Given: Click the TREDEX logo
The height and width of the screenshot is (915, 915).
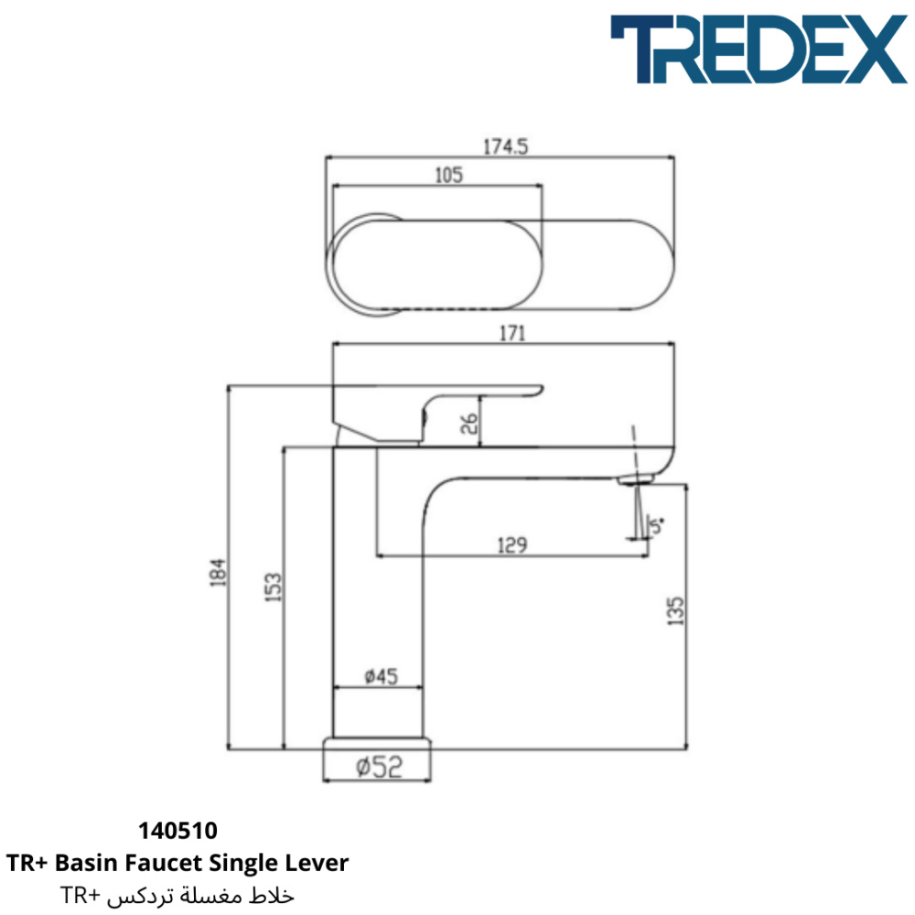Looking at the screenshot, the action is pos(759,49).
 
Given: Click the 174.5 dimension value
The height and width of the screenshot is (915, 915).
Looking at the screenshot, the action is pos(505,146).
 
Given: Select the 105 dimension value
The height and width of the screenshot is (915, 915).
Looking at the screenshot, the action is pos(448,175).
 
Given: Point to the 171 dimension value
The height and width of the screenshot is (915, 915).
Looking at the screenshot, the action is pos(511,333).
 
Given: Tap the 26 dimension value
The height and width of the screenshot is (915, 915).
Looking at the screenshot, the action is pos(468,423).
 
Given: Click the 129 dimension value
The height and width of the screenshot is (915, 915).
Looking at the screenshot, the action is pos(511,545).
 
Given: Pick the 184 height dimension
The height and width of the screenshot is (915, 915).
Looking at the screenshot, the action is pos(217,572).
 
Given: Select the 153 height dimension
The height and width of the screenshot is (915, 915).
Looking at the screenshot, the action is pos(273,587).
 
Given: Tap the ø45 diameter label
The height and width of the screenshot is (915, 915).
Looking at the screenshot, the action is pos(381,676).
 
